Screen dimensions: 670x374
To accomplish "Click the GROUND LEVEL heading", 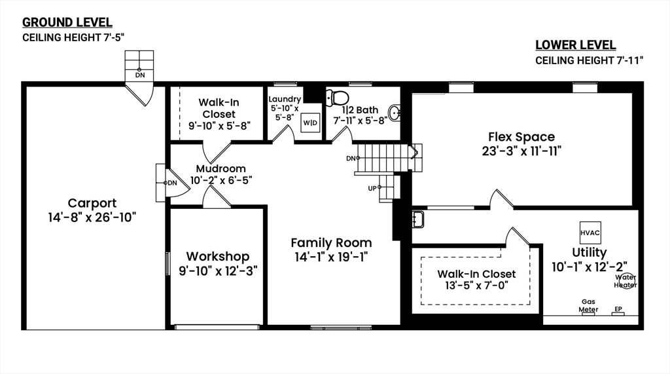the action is (x=67, y=22).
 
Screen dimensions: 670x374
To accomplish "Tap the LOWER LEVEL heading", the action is (x=576, y=45).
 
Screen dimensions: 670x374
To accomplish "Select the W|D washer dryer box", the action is (x=310, y=123).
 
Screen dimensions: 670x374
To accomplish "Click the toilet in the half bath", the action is (x=337, y=98).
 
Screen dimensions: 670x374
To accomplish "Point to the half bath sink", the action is (x=395, y=113).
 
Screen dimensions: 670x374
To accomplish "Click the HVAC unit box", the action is (x=590, y=233).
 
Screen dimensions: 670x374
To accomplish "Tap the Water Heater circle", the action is (x=627, y=281).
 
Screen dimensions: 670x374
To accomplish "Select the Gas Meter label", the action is (x=588, y=305).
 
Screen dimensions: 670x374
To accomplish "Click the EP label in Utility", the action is (x=618, y=309).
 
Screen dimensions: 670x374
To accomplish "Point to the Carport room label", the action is (x=92, y=203).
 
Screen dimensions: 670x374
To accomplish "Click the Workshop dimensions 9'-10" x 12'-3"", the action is (x=218, y=271).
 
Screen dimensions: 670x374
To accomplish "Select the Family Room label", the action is (x=331, y=242).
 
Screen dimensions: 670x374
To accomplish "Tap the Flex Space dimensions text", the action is (x=521, y=151).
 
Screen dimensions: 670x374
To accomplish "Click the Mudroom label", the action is (x=221, y=168).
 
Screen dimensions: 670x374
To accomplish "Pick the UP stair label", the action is (x=372, y=188).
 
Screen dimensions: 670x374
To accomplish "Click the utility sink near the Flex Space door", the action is (x=418, y=219).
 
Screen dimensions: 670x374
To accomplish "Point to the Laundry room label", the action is (x=285, y=100).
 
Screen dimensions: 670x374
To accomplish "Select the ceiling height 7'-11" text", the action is (x=590, y=60).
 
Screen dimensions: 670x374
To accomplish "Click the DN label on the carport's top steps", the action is (x=140, y=75).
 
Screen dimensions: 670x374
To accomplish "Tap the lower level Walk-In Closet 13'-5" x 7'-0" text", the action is (x=476, y=280).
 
